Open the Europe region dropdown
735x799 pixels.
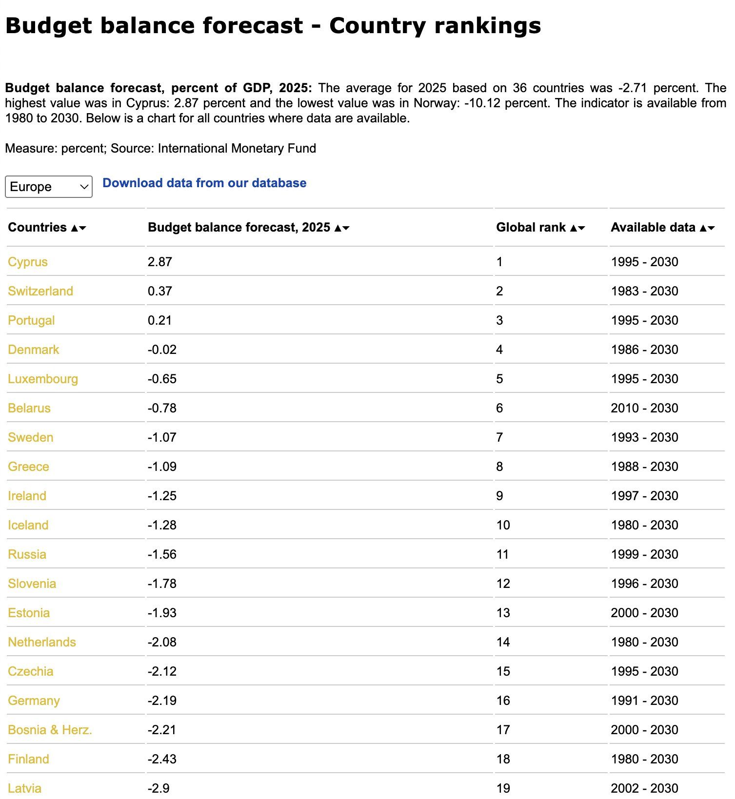tap(48, 187)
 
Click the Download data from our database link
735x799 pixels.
tap(204, 183)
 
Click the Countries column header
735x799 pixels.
tap(38, 227)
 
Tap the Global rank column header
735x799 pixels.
tap(531, 227)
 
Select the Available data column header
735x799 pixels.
tap(653, 227)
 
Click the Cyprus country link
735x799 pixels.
tap(28, 262)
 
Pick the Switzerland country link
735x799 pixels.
tap(40, 291)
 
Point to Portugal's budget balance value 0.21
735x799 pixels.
tap(160, 320)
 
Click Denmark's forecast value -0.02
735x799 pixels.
tap(162, 350)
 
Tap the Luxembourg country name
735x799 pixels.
tap(43, 379)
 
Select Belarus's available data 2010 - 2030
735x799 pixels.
tap(644, 408)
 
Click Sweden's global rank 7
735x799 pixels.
tap(499, 437)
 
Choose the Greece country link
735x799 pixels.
tap(28, 467)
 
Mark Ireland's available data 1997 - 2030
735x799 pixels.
tap(644, 496)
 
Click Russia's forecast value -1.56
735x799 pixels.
tap(162, 554)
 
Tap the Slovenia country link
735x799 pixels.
tap(32, 584)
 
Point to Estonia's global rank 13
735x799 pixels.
tap(503, 613)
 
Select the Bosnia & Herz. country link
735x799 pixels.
tap(50, 730)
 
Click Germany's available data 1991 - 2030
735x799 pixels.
tap(644, 701)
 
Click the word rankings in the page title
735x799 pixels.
tap(487, 25)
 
